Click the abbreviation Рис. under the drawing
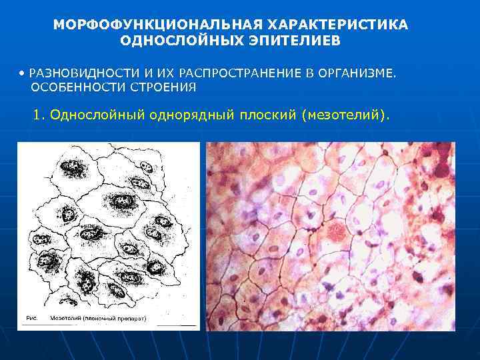(x=31, y=319)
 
